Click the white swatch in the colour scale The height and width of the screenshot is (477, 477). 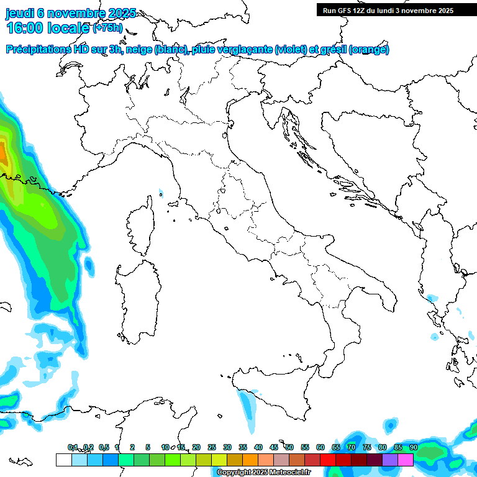click(63, 460)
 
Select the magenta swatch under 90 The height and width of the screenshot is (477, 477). click(406, 460)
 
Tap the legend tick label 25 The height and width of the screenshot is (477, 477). click(212, 447)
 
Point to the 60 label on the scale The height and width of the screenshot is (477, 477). click(320, 447)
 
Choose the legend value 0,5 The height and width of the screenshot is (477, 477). click(104, 447)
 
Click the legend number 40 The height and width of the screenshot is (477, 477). click(258, 447)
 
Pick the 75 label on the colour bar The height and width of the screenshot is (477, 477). click(367, 447)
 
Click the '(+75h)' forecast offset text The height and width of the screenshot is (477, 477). click(109, 29)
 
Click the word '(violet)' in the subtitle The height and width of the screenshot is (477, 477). click(293, 50)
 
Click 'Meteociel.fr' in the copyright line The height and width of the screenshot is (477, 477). click(293, 473)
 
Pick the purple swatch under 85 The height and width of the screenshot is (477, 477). click(390, 460)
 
